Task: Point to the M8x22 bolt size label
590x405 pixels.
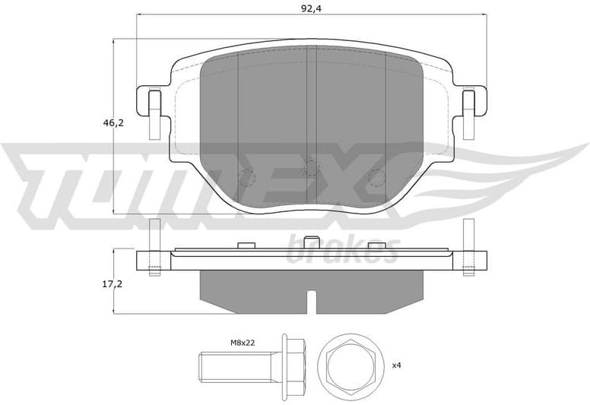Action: pos(242,343)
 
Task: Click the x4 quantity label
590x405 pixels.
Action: pos(396,365)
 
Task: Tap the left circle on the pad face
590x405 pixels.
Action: pos(245,176)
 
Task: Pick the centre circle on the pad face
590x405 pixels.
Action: pos(311,169)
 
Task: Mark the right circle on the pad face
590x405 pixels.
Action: pos(376,176)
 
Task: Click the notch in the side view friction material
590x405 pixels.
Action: pos(311,301)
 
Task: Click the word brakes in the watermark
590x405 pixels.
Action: pos(342,249)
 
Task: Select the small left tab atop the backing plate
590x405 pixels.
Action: pos(245,244)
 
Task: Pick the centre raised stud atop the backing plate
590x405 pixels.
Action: pos(311,242)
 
